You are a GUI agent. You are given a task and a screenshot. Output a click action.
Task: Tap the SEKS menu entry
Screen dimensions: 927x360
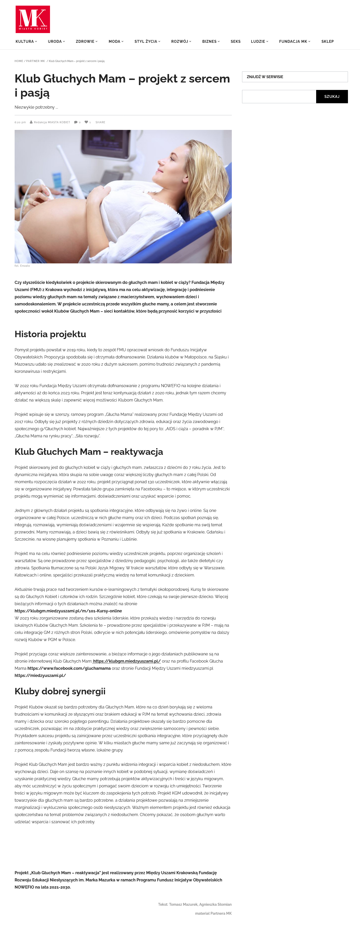(x=235, y=42)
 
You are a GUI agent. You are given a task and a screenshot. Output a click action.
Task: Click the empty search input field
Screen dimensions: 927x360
(x=279, y=96)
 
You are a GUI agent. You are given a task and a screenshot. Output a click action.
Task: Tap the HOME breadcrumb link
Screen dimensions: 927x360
(x=19, y=61)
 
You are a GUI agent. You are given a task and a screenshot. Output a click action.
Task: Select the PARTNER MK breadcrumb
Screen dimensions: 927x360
(x=35, y=61)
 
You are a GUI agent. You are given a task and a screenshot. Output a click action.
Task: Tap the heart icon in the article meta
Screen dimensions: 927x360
(x=86, y=122)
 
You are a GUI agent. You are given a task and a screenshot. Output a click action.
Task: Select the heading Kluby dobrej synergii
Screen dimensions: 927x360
(x=60, y=691)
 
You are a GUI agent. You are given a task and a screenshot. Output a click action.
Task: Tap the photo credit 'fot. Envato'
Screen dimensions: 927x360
(x=22, y=266)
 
